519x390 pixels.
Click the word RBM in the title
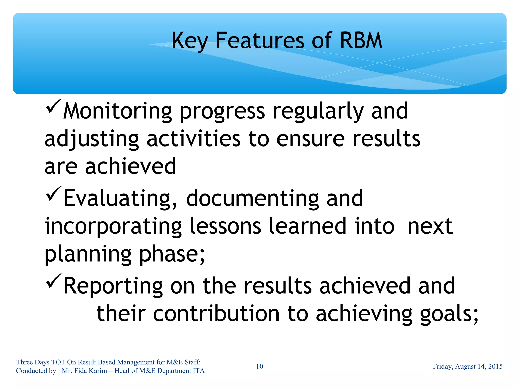click(x=361, y=41)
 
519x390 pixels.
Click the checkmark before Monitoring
click(x=53, y=107)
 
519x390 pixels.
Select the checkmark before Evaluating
click(x=53, y=194)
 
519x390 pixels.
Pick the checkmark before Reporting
click(x=53, y=281)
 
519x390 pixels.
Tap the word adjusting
click(x=91, y=140)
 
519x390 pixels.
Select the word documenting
click(x=252, y=198)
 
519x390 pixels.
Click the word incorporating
click(x=113, y=227)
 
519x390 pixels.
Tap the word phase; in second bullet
click(x=172, y=254)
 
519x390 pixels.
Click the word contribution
click(x=216, y=314)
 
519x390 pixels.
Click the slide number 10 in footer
click(x=259, y=366)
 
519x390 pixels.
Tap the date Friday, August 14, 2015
click(x=468, y=366)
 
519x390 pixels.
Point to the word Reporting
click(x=113, y=286)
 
